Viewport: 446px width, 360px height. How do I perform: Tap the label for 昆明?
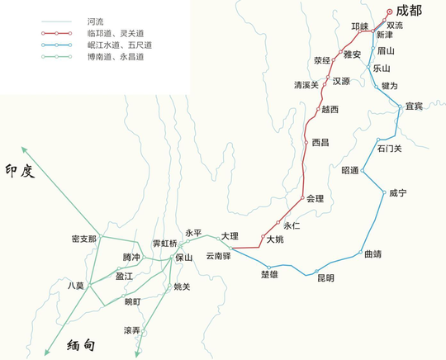click(325, 278)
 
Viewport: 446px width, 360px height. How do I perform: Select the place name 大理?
click(230, 236)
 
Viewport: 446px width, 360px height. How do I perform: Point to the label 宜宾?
click(415, 107)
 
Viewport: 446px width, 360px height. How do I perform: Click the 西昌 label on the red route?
click(320, 142)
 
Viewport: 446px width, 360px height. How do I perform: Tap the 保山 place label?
click(184, 258)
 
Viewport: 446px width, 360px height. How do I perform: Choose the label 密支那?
click(85, 239)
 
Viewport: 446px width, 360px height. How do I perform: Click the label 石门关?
click(389, 149)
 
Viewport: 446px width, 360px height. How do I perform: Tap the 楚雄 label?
click(269, 273)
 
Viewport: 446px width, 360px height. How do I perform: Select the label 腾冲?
click(132, 258)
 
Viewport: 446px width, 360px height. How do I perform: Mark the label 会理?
click(315, 198)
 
